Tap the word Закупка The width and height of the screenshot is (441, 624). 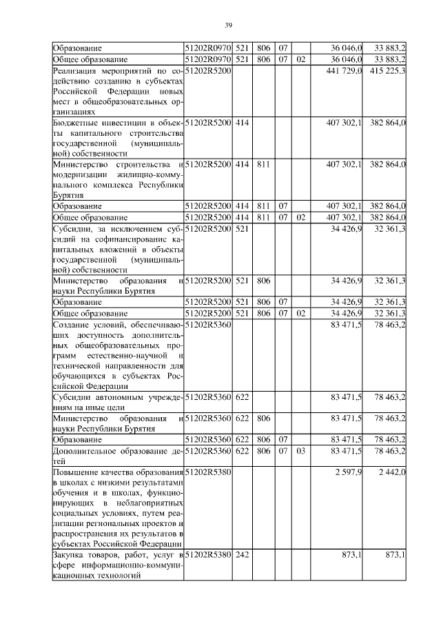coord(70,555)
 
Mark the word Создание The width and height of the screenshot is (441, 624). coord(72,324)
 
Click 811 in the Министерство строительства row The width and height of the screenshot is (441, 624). coord(263,164)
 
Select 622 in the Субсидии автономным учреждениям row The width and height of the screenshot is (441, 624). coord(242,398)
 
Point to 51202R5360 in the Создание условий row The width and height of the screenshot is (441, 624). coord(209,324)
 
